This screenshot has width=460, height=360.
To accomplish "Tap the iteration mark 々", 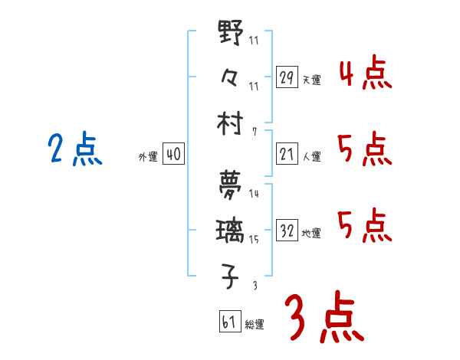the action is [231, 77].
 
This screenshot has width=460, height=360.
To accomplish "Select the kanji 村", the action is [231, 123].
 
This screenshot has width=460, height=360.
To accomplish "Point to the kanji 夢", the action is [231, 184].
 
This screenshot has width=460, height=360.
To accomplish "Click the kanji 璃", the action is [231, 231].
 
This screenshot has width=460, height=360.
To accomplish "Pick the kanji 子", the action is [231, 277].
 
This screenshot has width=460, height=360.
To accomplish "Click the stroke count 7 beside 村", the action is [254, 132].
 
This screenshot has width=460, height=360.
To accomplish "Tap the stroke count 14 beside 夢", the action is [254, 194].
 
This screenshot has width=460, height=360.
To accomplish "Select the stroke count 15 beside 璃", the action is [254, 240].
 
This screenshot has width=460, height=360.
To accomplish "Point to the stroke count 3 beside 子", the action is [254, 285].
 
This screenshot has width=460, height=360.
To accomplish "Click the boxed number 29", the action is [287, 77].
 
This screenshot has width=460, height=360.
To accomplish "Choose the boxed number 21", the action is [287, 154].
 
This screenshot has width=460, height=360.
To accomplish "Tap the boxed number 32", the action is [287, 231].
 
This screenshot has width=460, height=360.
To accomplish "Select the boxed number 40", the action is [173, 154].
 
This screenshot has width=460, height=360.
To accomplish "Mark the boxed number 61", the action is [229, 322].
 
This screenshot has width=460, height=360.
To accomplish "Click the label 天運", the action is [311, 80].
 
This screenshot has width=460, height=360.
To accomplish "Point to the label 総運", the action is [255, 325].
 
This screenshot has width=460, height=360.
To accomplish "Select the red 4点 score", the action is [365, 75].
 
